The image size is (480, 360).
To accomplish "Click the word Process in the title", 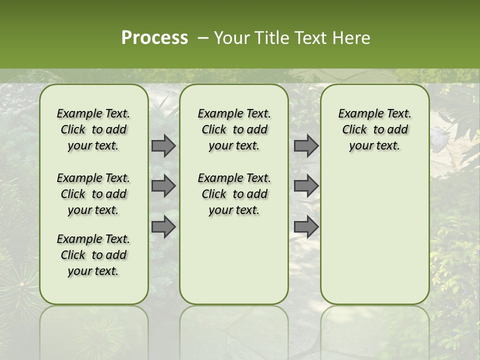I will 154,38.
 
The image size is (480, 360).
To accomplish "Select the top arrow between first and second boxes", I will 163,145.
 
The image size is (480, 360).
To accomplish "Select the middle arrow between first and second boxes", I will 163,186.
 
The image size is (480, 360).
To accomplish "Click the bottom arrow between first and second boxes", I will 163,227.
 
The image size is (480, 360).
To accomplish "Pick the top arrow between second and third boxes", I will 306,145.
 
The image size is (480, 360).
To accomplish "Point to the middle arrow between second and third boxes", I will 306,186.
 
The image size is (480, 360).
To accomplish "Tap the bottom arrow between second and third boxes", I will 306,227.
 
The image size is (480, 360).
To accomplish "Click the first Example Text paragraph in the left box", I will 93,129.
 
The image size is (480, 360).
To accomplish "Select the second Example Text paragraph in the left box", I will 93,194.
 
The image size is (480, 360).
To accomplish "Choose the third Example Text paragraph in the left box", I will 93,255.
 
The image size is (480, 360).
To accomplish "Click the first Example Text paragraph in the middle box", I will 234,129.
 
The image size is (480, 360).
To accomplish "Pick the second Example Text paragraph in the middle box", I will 234,194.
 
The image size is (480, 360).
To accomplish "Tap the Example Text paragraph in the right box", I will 374,129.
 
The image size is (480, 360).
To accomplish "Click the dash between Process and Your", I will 203,38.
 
